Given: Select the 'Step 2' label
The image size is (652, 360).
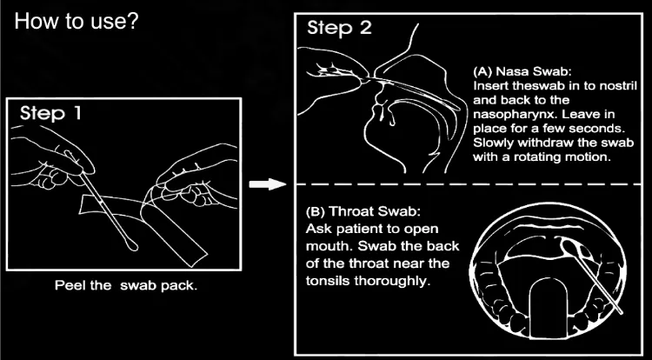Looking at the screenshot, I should [339, 28].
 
